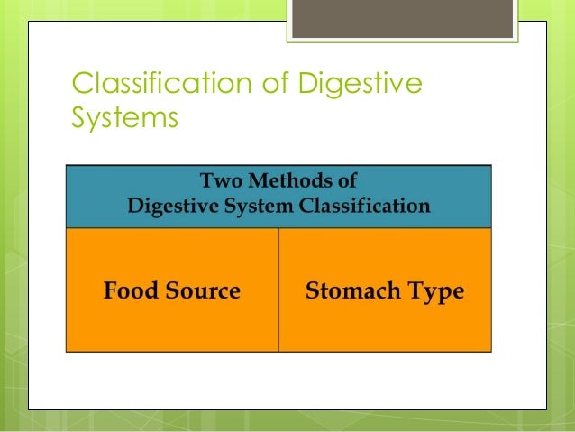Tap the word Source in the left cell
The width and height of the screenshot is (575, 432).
205,291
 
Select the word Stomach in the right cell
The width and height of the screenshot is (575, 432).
350,291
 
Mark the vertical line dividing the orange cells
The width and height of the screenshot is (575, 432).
278,289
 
